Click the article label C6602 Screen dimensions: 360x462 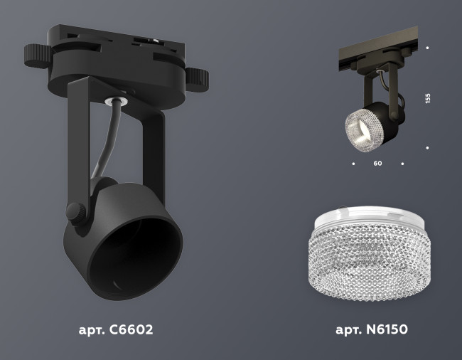click(x=115, y=330)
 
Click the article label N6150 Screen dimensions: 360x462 click(x=371, y=330)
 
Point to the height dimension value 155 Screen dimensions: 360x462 click(x=428, y=98)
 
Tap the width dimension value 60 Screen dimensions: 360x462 click(x=377, y=164)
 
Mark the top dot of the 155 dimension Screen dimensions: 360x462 click(x=427, y=48)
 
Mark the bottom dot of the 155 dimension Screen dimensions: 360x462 click(x=427, y=148)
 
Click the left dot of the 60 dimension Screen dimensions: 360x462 click(x=353, y=164)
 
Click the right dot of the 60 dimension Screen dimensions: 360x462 click(x=402, y=164)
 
